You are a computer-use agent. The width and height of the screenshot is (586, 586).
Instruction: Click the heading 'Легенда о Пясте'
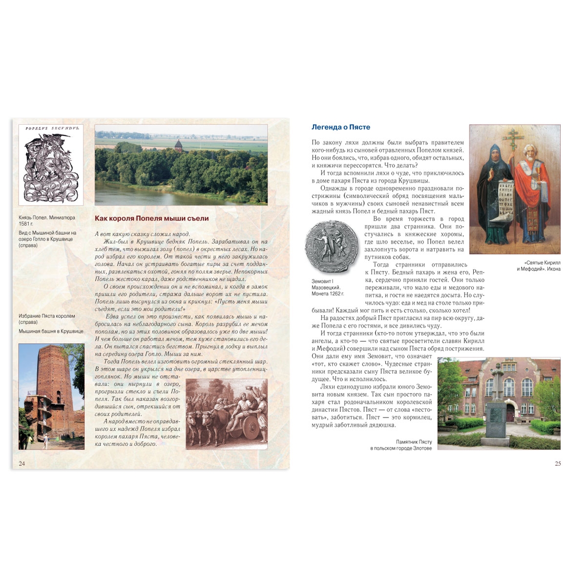341,127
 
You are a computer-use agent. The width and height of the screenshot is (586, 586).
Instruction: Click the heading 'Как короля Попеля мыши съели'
151,219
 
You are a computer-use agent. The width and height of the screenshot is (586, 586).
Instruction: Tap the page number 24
21,463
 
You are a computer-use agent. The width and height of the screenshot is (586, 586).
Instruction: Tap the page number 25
558,463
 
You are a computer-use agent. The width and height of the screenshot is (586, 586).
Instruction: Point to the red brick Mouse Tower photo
51,396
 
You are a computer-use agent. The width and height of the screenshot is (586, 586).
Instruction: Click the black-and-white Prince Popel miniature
51,165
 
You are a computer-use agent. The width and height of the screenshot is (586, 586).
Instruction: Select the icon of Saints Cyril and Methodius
515,189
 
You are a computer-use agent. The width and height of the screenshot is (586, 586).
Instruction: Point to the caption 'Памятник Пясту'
414,441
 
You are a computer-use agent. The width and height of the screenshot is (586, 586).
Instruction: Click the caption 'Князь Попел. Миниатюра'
47,217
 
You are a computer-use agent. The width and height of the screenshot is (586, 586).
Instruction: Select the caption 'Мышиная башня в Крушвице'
51,331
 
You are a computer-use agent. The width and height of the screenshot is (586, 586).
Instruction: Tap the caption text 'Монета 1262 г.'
328,293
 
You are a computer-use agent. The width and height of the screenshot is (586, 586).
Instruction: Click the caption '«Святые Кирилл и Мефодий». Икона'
539,266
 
